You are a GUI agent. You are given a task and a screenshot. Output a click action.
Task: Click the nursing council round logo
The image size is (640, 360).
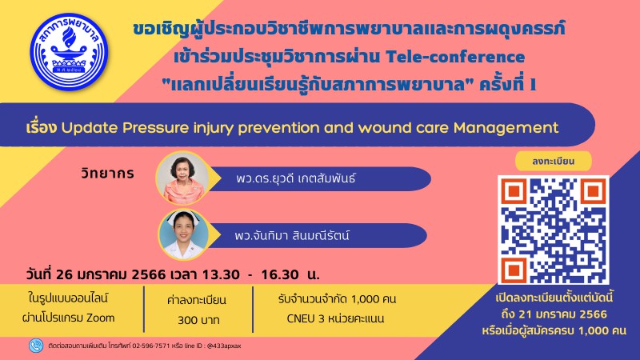pos(69,52)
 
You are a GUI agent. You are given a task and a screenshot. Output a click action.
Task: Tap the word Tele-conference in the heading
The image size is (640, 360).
pos(455,57)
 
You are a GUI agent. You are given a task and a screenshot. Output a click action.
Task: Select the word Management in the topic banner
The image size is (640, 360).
pos(506,128)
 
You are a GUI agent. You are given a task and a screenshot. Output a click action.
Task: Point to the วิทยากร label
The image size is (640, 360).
pos(108,174)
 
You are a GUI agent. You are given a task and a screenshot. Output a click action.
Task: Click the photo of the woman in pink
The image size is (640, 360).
pos(183,178)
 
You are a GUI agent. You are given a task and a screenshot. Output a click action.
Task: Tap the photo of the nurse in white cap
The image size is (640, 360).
pos(183,234)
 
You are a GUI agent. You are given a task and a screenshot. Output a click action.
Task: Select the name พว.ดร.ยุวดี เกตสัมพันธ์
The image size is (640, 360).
pos(296,178)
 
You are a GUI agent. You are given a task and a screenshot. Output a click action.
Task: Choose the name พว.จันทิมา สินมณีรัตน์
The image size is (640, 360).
pos(292,235)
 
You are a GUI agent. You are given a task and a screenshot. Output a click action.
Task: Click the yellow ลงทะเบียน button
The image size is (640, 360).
pos(553,161)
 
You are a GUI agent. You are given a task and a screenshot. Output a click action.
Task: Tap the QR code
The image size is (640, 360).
pos(554,230)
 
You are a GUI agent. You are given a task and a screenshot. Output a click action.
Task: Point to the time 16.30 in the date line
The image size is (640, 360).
pos(279,274)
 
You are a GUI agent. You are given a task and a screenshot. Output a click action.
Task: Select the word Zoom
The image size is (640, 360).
pos(101,318)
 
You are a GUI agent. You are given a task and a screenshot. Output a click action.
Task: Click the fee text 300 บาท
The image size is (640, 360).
pos(198,320)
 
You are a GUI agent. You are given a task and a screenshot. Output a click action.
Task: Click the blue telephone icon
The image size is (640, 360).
pos(36,346)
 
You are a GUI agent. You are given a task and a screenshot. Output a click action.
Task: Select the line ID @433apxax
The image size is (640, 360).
pos(224,346)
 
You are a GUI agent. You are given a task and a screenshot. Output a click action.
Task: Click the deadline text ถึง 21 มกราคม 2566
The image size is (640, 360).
pos(554,314)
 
